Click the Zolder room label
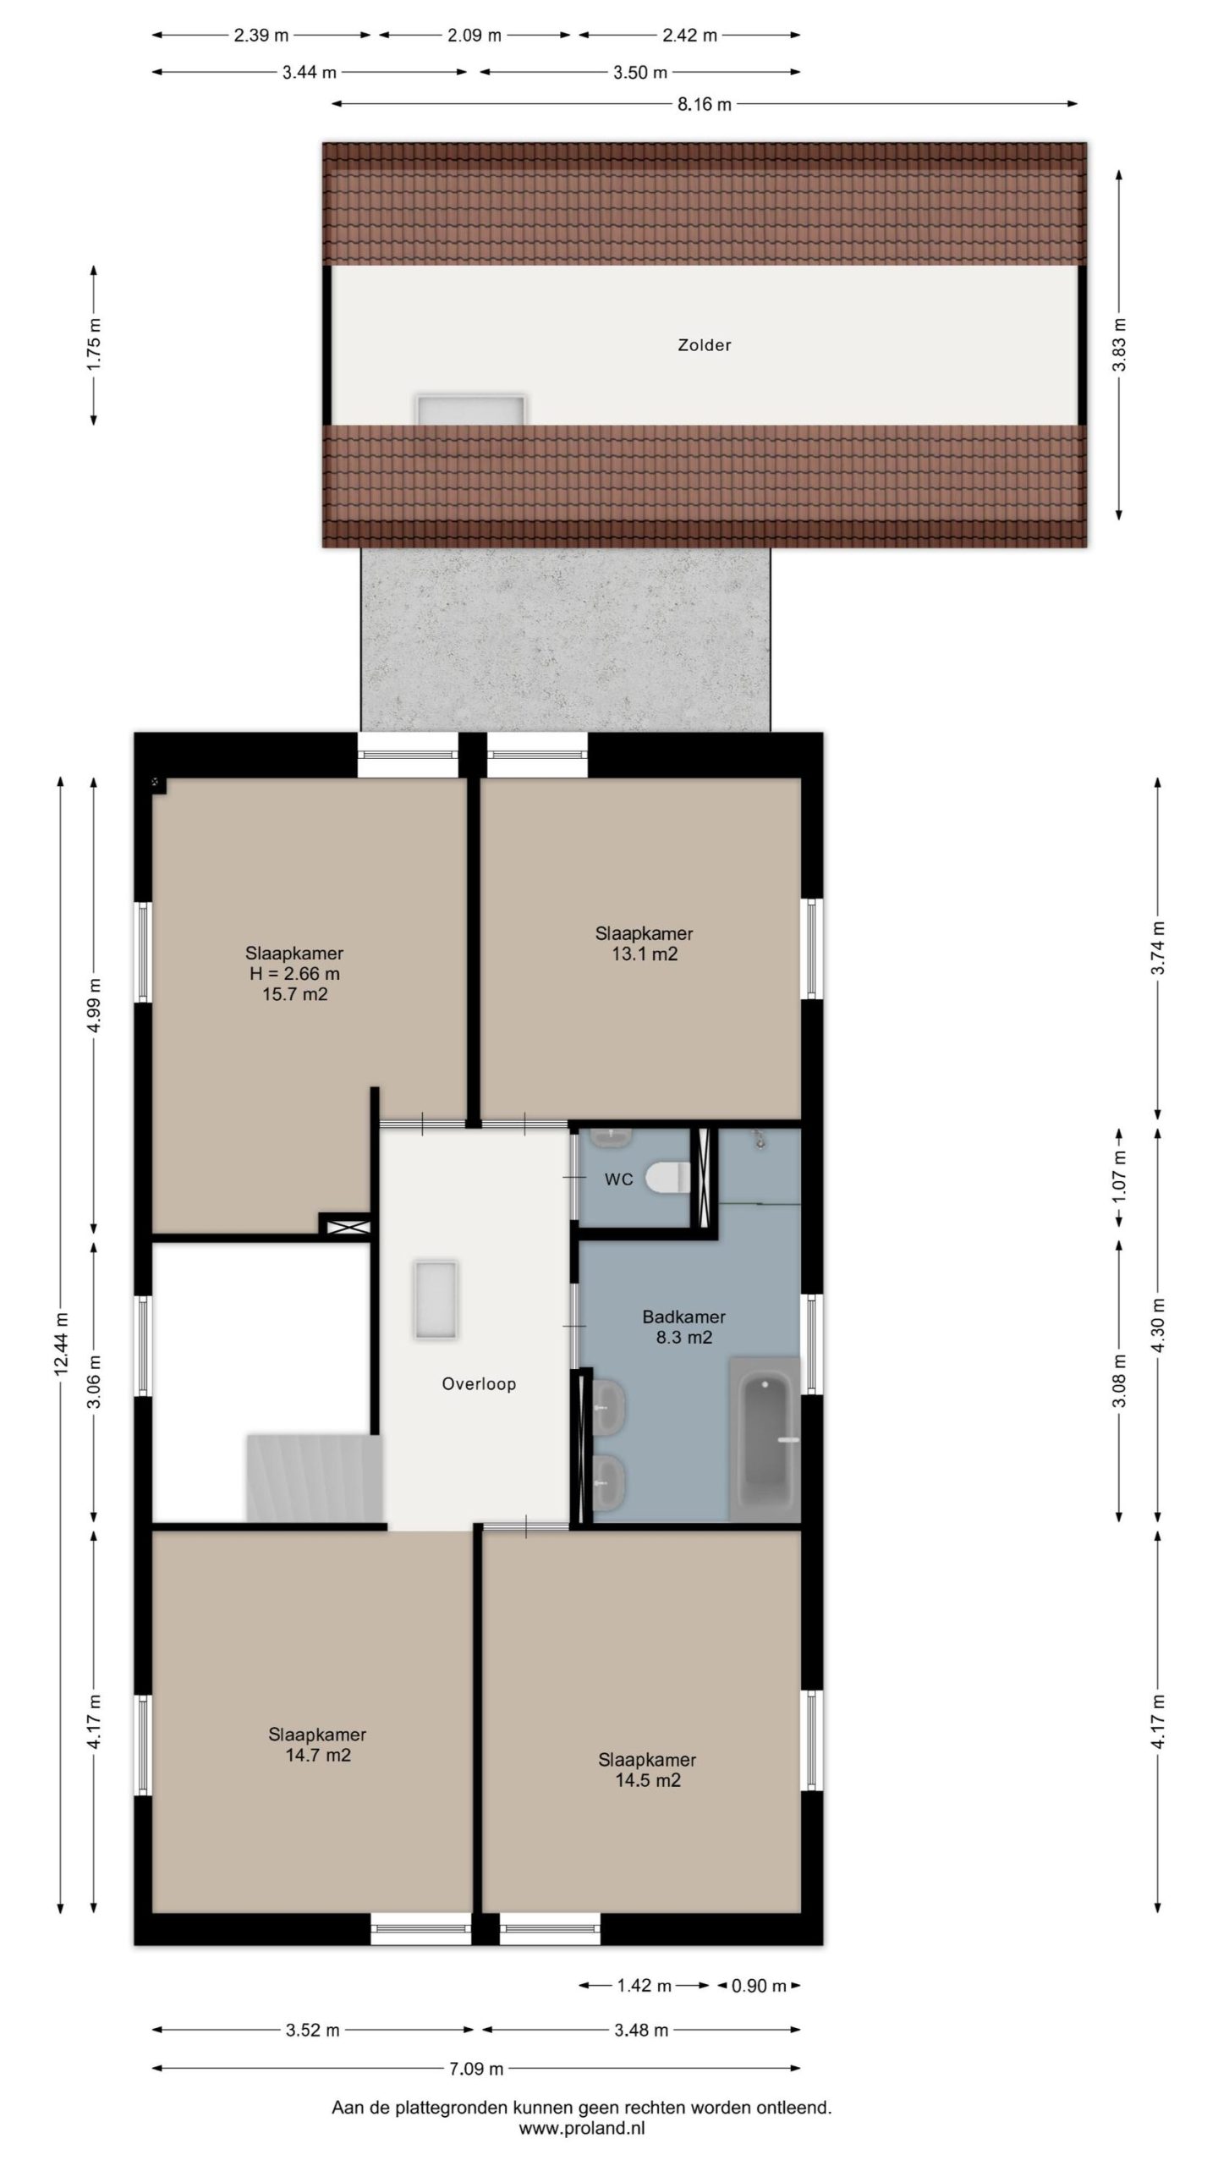point(704,345)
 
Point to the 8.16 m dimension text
point(704,105)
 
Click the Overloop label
point(479,1384)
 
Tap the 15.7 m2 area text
point(294,994)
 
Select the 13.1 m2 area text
point(645,954)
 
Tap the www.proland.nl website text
point(582,2125)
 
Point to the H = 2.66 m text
point(294,974)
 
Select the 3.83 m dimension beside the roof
point(1119,344)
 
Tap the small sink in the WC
point(610,1136)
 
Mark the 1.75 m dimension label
point(94,344)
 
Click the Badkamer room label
point(683,1317)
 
